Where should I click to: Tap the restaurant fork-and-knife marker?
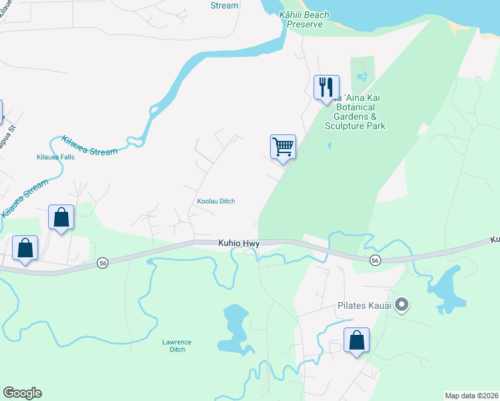click(x=326, y=87)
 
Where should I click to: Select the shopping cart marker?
click(x=283, y=146)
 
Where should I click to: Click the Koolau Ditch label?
click(x=216, y=201)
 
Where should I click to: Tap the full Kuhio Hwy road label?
click(x=239, y=244)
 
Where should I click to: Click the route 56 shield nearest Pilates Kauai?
click(x=375, y=260)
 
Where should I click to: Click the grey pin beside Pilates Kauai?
click(x=401, y=305)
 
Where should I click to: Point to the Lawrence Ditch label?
click(x=177, y=346)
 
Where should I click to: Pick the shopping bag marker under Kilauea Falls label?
click(x=61, y=217)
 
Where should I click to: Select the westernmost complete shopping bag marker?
click(x=25, y=248)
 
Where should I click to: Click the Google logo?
click(x=22, y=393)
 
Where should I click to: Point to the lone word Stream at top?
click(x=224, y=5)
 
